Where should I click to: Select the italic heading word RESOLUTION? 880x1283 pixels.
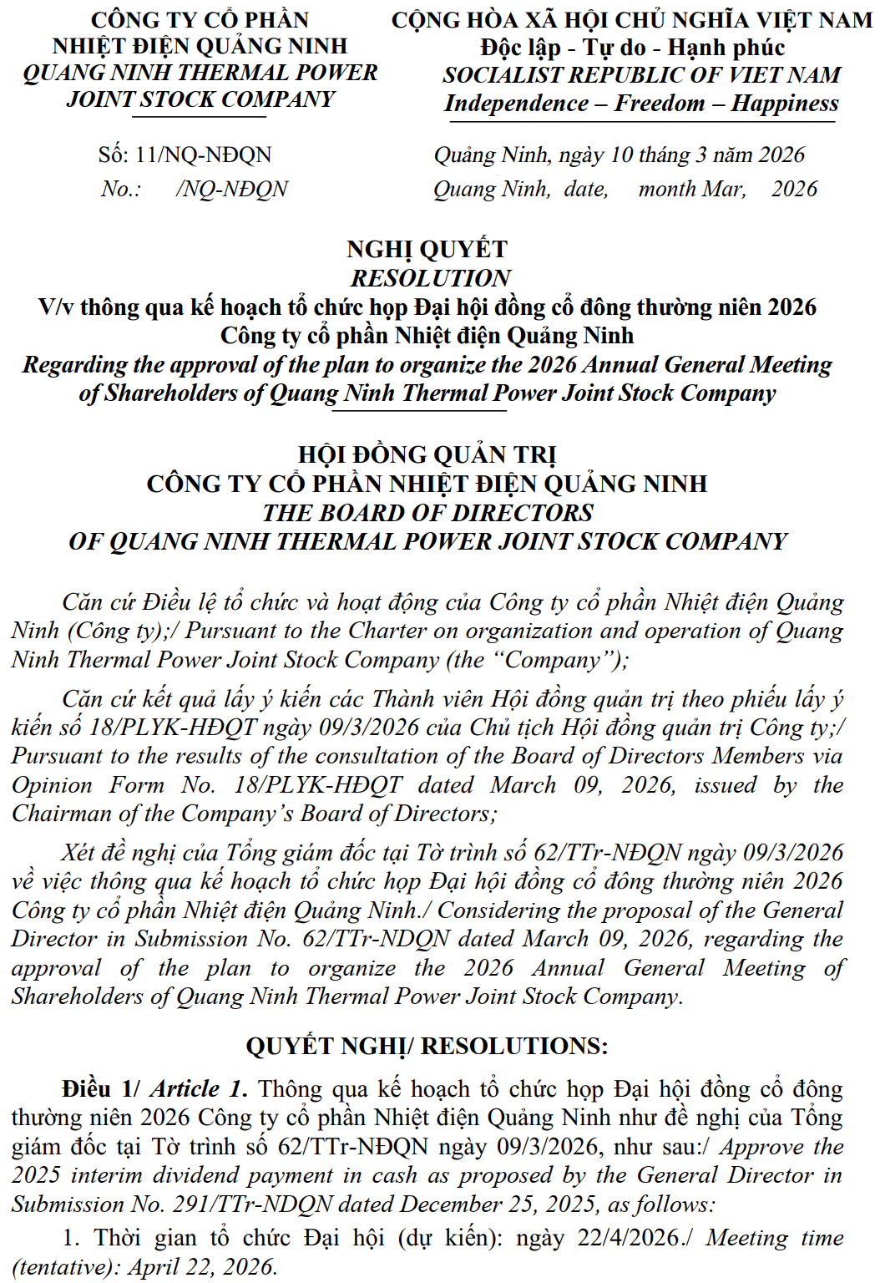[430, 278]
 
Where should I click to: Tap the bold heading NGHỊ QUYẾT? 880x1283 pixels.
[427, 249]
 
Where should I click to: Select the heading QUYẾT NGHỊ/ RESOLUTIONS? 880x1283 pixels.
[427, 1046]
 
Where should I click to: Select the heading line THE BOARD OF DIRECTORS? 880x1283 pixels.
[427, 513]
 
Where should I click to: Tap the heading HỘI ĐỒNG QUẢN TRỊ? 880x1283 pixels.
[427, 455]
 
